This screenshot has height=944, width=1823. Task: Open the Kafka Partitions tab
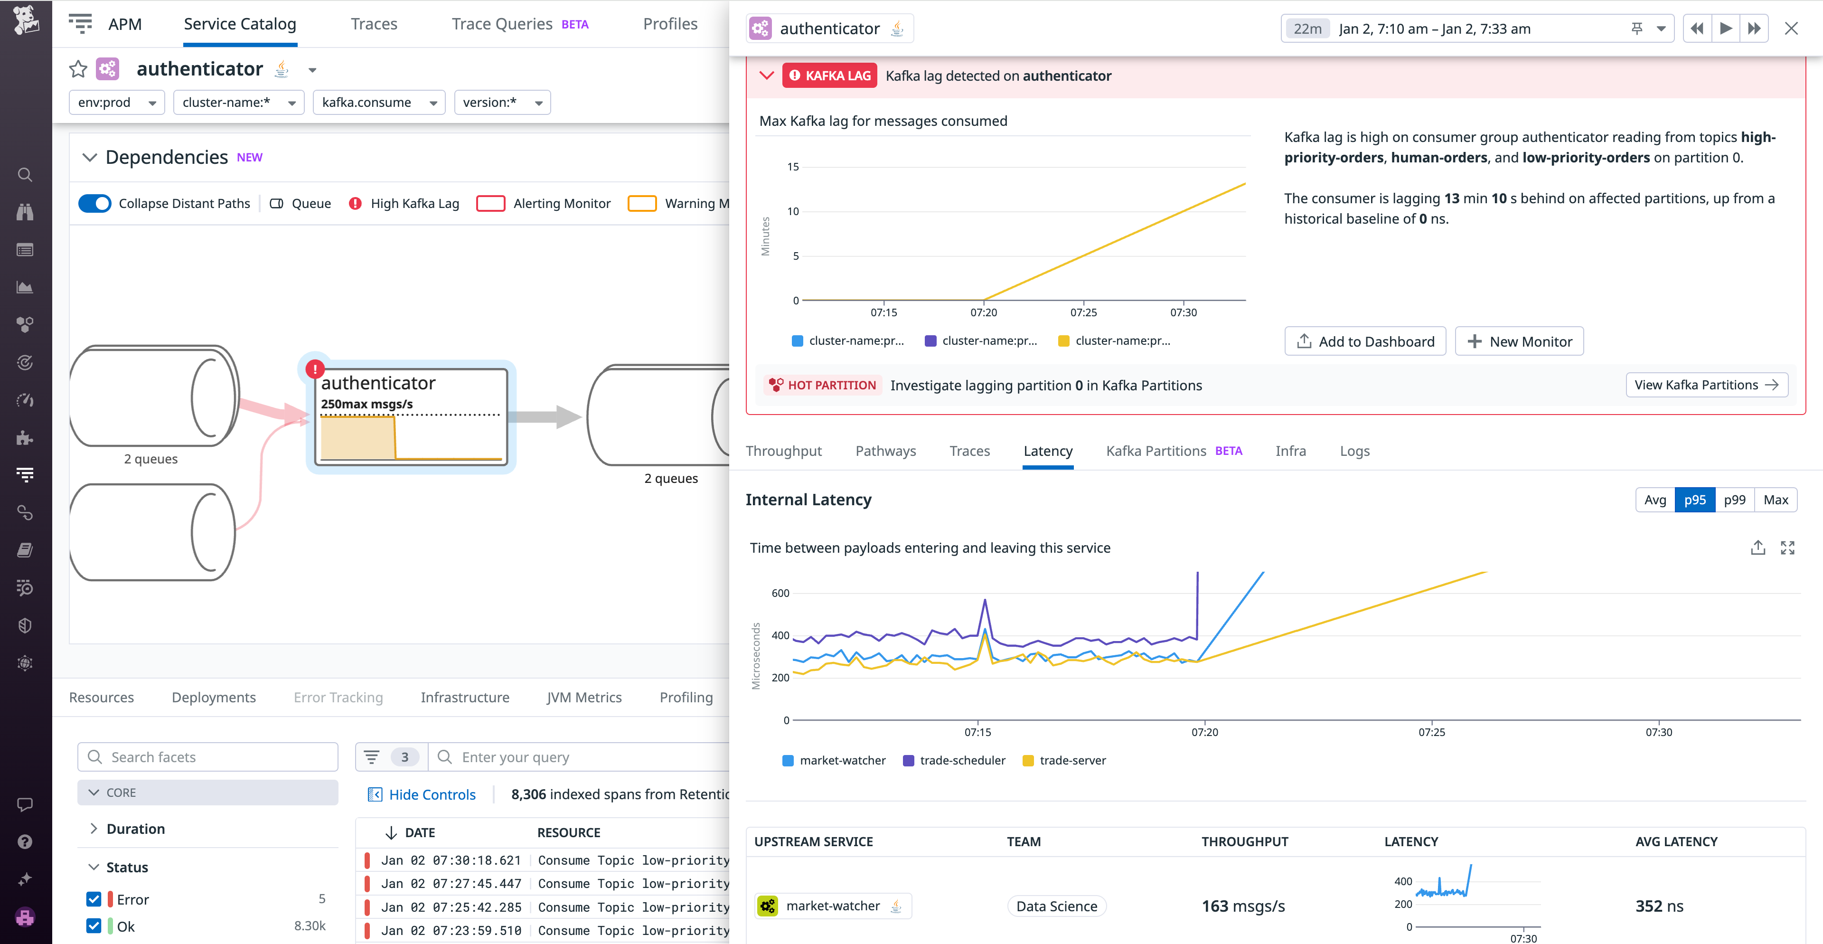(x=1156, y=451)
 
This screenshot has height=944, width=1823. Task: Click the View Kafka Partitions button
(x=1706, y=385)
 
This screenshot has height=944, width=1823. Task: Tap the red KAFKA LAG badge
(x=829, y=76)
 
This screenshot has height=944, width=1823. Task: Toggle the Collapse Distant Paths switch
(x=95, y=204)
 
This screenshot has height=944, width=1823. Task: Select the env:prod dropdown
(x=116, y=103)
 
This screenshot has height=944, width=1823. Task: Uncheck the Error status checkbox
(x=94, y=899)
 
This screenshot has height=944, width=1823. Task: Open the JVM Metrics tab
(x=584, y=698)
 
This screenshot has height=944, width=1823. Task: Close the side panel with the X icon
(x=1791, y=29)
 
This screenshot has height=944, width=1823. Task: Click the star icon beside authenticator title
(x=78, y=69)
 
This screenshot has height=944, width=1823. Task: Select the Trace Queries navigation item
(x=502, y=24)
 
